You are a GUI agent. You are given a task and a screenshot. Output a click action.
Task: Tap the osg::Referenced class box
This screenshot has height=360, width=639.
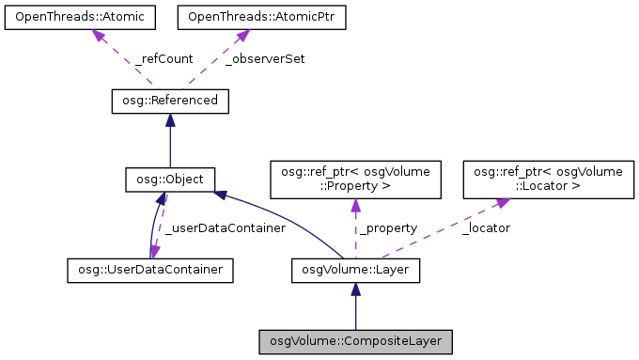(x=169, y=100)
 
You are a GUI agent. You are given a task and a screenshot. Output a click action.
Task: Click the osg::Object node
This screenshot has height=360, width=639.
(x=170, y=178)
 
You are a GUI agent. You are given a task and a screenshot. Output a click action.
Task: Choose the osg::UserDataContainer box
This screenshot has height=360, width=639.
(x=149, y=271)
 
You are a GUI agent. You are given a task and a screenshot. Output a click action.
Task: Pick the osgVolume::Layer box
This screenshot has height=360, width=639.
(x=354, y=271)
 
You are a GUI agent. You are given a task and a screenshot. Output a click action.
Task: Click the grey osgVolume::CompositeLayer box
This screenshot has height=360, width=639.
(x=356, y=340)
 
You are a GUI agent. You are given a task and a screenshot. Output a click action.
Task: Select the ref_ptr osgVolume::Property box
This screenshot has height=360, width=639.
(x=354, y=179)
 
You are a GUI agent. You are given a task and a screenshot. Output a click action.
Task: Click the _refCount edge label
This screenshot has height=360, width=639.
(x=164, y=58)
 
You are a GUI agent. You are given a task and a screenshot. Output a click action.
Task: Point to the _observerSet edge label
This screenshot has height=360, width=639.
(x=265, y=58)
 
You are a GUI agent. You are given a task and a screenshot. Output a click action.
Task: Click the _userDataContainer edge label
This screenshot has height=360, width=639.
(x=208, y=227)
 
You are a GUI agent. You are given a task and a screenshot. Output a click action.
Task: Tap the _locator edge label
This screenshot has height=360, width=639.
(x=486, y=227)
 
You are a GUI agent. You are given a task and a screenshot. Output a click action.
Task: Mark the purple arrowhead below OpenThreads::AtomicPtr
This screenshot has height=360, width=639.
(x=241, y=36)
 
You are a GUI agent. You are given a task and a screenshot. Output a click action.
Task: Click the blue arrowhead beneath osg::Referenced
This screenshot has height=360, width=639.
(x=169, y=119)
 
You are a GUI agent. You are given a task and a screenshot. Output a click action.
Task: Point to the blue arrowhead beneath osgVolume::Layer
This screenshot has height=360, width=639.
(x=354, y=290)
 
